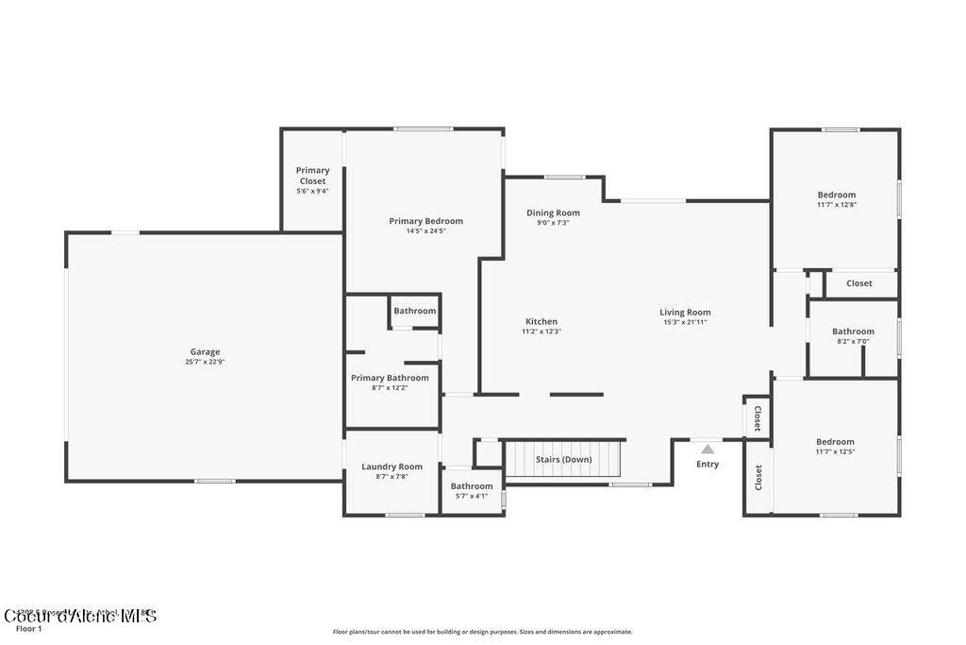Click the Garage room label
(205, 352)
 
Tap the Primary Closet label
(312, 176)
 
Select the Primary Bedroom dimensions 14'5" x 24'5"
(425, 231)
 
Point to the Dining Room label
(553, 212)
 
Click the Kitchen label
(541, 321)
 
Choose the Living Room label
(685, 313)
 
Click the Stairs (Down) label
(564, 460)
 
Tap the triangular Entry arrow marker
(708, 450)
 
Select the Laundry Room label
(391, 467)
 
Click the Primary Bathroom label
(390, 378)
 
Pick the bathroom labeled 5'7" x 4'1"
(471, 496)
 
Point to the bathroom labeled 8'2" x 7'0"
(853, 341)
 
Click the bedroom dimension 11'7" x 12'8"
(836, 205)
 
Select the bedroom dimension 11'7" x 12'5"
(835, 451)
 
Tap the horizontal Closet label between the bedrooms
(858, 283)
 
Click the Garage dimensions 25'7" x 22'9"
(205, 362)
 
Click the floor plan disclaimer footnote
(482, 632)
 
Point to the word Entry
(708, 464)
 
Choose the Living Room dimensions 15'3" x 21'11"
(685, 322)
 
